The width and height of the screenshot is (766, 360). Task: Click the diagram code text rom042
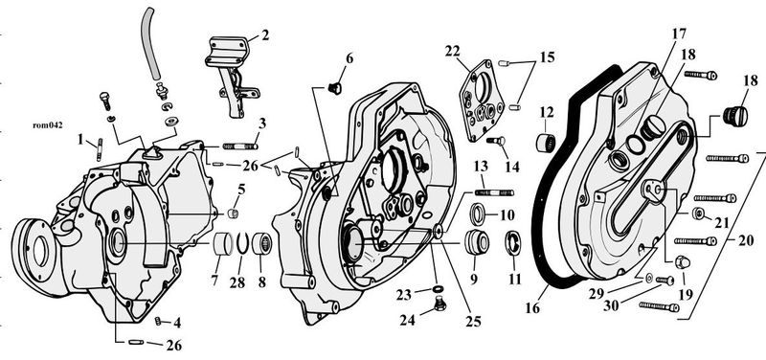coord(47,125)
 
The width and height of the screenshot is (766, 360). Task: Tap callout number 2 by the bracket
coord(265,34)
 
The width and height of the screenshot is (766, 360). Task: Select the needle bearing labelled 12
coord(546,143)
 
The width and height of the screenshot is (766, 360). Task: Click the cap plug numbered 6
coord(335,88)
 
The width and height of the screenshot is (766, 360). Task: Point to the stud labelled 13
coord(494,192)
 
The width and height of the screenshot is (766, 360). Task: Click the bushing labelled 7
coord(223,244)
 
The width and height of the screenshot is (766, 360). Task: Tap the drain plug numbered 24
coord(440,304)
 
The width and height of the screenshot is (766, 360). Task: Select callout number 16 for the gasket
coord(533,308)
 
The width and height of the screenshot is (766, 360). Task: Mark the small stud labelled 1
coord(100,149)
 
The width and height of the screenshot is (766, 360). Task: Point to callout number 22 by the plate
coord(452,51)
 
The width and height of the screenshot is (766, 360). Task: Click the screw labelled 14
coord(495,141)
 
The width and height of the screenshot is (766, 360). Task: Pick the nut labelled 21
coord(699,213)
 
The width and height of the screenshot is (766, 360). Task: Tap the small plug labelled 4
coord(159,321)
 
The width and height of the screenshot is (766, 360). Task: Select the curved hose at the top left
coord(150,43)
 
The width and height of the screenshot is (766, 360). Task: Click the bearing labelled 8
coord(261,243)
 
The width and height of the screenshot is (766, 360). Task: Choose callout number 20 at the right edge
coord(746,240)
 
